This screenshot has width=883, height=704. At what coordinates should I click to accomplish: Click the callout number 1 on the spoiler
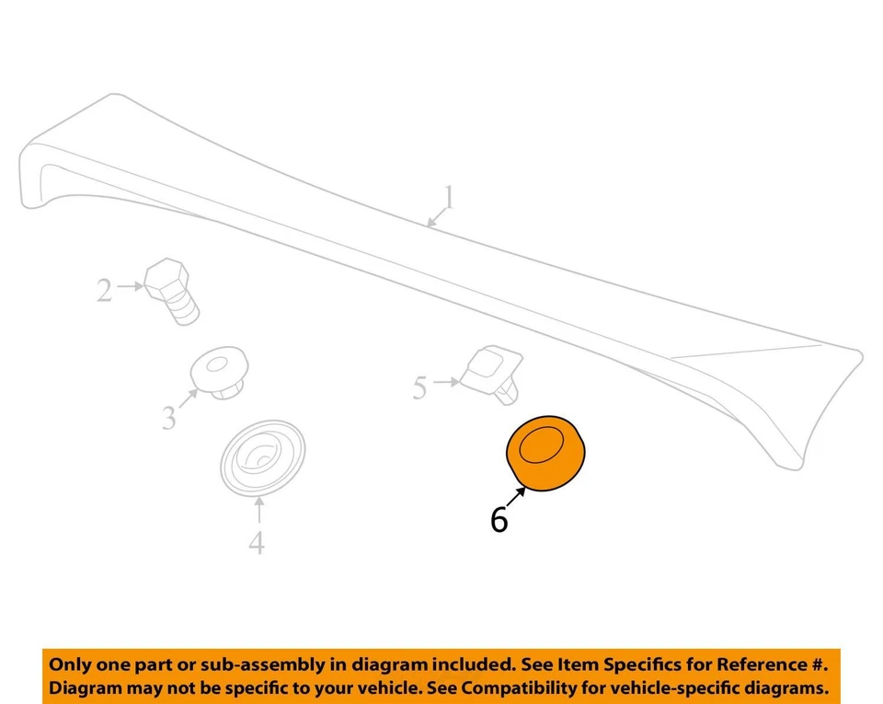(x=448, y=198)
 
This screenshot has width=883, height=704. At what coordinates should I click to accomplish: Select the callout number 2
(x=105, y=291)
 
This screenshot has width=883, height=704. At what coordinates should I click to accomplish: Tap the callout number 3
(x=169, y=419)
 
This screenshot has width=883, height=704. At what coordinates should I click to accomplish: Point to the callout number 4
(x=257, y=543)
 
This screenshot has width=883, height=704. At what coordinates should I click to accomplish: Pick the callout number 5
(x=419, y=388)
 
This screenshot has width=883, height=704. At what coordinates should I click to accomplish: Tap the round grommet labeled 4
(x=262, y=457)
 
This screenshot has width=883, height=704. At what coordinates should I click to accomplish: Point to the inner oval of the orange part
(x=540, y=445)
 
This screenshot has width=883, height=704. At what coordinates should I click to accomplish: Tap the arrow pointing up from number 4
(x=258, y=512)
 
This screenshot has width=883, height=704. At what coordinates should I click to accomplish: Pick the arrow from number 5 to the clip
(x=447, y=381)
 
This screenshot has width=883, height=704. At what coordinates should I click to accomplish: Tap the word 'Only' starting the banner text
(x=70, y=664)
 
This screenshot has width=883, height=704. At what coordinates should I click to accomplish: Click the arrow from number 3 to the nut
(x=189, y=399)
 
